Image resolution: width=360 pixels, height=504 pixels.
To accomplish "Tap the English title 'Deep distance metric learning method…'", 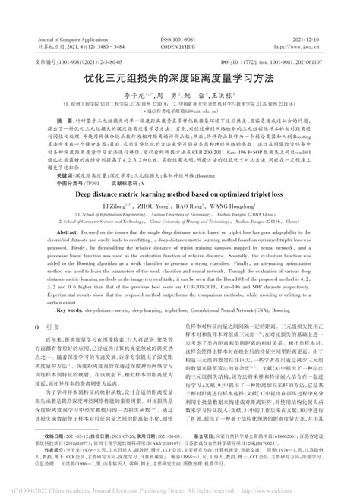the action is click(x=180, y=194).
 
